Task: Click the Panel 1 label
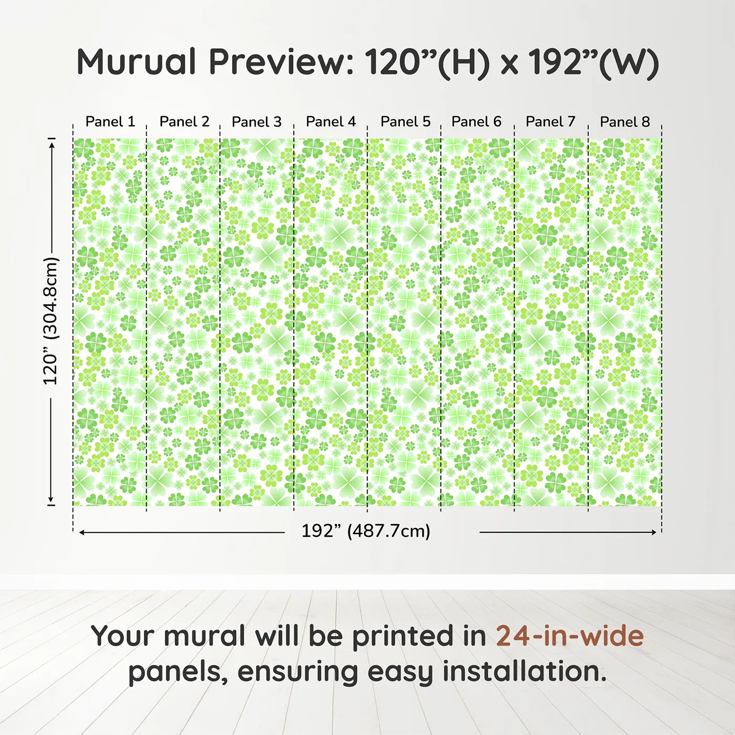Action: click(x=110, y=122)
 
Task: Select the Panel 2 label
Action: click(x=184, y=122)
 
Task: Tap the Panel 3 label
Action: click(x=257, y=122)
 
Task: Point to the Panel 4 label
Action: click(x=331, y=122)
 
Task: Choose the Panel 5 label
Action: click(x=405, y=122)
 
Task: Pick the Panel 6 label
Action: click(x=476, y=122)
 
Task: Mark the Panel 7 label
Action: click(x=550, y=122)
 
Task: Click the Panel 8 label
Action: click(x=625, y=122)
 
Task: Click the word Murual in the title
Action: click(x=136, y=62)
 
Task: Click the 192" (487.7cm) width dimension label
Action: click(x=366, y=531)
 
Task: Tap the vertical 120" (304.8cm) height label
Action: click(x=51, y=321)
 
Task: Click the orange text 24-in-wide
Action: click(x=570, y=636)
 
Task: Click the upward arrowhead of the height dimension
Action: click(x=51, y=144)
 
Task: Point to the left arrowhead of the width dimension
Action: click(x=82, y=532)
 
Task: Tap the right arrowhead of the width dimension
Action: click(x=654, y=532)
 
